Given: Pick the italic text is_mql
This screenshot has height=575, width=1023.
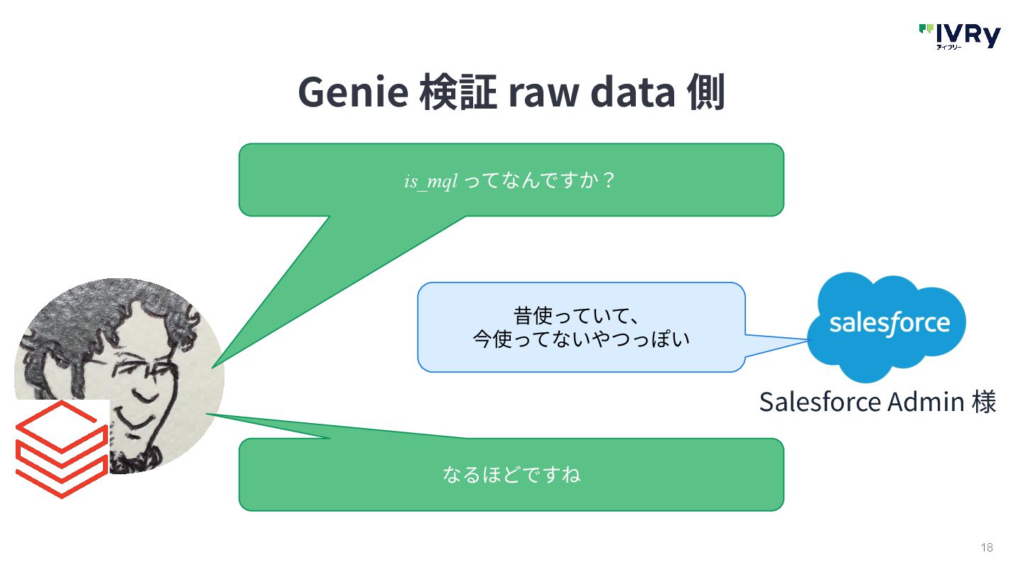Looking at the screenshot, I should click(x=431, y=181).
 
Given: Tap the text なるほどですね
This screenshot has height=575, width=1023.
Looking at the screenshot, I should click(x=511, y=474).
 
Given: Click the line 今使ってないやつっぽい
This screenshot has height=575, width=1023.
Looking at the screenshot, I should click(x=581, y=339).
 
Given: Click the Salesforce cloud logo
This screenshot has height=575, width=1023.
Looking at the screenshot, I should click(x=888, y=324).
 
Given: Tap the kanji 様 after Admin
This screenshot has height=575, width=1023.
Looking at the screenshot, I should click(x=984, y=402).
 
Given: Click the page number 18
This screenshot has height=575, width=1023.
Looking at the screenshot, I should click(x=987, y=547).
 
